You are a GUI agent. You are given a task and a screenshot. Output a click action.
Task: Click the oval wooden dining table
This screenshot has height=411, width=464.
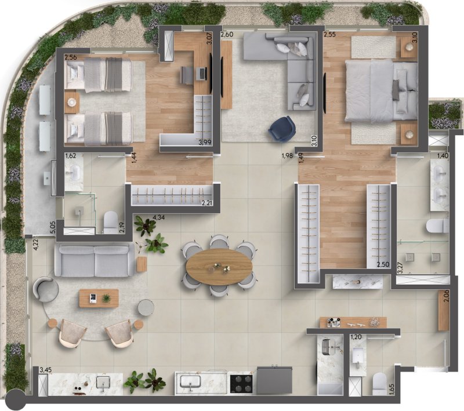pyautogui.click(x=219, y=267)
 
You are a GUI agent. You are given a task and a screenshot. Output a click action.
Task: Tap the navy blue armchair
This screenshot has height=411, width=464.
pyautogui.click(x=282, y=129)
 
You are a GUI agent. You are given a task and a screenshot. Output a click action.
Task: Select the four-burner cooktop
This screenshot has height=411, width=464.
pyautogui.click(x=241, y=384)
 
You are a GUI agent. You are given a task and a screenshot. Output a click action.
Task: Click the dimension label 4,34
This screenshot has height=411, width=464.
pyautogui.click(x=158, y=218)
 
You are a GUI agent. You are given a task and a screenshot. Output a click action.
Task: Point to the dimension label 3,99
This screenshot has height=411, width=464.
pyautogui.click(x=205, y=142)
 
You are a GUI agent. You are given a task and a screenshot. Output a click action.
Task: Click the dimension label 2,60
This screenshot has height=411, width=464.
pyautogui.click(x=227, y=34)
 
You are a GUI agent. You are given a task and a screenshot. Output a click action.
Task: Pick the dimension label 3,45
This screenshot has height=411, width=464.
pyautogui.click(x=46, y=369)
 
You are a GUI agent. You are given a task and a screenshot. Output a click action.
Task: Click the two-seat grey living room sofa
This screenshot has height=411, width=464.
pyautogui.click(x=95, y=260)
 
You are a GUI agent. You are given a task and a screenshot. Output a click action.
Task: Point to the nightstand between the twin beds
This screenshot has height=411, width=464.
pyautogui.click(x=72, y=103)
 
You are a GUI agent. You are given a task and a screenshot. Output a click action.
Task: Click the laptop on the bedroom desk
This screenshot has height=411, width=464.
pyautogui.click(x=202, y=73)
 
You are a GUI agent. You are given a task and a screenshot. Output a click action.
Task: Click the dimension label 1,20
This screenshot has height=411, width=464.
pyautogui.click(x=356, y=337)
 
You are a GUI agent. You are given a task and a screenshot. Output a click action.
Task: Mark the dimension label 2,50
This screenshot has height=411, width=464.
pyautogui.click(x=383, y=265)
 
